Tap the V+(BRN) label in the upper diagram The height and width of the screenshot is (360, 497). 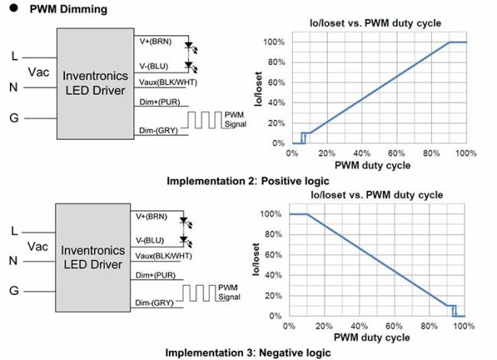[158, 38]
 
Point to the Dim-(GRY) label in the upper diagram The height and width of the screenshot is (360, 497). [158, 131]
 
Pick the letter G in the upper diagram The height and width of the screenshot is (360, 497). [15, 118]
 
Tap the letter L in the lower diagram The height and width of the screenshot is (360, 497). [15, 230]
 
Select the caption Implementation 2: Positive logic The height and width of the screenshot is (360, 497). [248, 181]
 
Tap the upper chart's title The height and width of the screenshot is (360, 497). [374, 24]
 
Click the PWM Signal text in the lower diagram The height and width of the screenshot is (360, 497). [231, 292]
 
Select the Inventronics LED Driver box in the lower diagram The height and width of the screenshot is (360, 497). [91, 257]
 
